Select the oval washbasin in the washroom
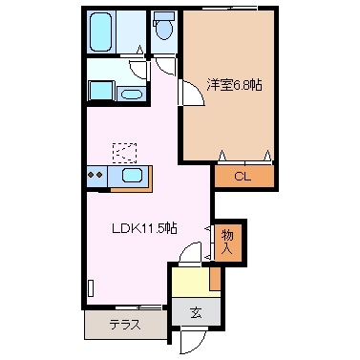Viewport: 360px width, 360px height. [x=133, y=93]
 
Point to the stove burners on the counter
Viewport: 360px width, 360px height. [x=95, y=175]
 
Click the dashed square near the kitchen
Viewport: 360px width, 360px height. [x=123, y=151]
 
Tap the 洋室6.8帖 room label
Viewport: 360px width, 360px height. [x=235, y=85]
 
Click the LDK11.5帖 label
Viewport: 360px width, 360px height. [x=149, y=229]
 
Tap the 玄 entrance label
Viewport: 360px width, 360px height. [x=195, y=311]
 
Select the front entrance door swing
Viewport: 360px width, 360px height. [x=191, y=340]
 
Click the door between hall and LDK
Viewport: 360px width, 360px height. [x=192, y=250]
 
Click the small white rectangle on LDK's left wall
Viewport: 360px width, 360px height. [x=91, y=287]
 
